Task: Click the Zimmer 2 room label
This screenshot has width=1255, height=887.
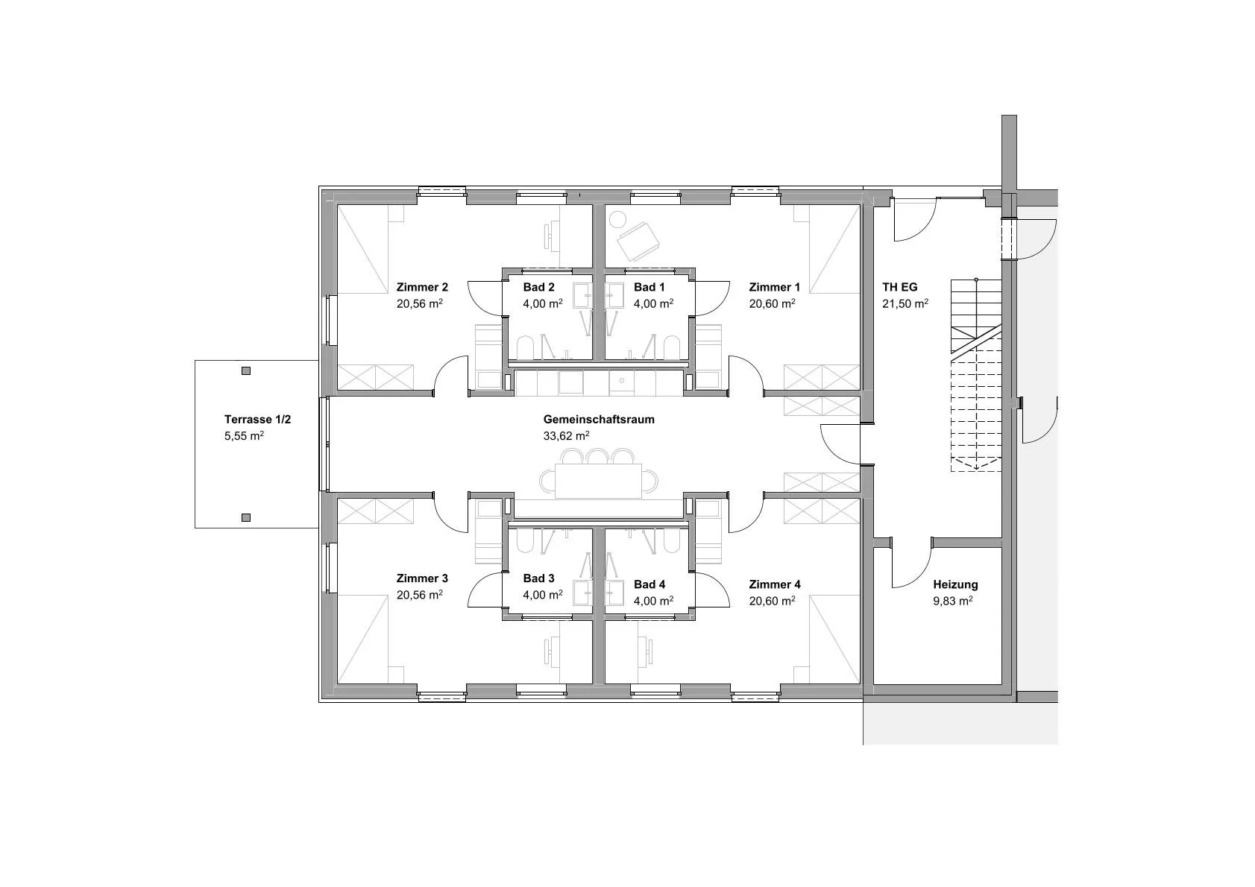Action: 422,287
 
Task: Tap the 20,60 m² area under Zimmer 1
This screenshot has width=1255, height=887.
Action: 772,303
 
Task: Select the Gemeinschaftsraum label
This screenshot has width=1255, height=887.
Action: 598,420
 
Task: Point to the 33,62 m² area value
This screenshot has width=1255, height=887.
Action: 566,435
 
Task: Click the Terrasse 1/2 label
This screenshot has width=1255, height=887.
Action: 258,420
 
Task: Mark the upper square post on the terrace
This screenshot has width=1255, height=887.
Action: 246,370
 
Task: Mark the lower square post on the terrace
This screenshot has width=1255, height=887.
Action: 246,517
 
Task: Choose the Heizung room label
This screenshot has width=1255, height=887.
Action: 955,584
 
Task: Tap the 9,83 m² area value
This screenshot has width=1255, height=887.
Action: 952,601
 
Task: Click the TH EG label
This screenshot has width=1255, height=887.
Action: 900,287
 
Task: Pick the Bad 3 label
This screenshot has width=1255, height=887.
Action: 538,578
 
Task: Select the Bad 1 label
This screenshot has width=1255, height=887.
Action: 649,287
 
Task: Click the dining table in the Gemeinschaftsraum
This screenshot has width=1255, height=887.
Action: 598,481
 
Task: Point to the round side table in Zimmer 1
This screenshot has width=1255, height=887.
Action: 617,219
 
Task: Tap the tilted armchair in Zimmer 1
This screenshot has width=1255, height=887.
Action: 638,241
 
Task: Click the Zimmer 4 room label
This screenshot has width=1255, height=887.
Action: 775,584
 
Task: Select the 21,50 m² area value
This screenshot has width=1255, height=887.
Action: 905,303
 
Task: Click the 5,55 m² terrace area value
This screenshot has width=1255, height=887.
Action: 244,435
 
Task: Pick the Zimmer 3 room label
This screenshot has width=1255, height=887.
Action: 422,578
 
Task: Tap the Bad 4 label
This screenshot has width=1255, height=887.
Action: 649,584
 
